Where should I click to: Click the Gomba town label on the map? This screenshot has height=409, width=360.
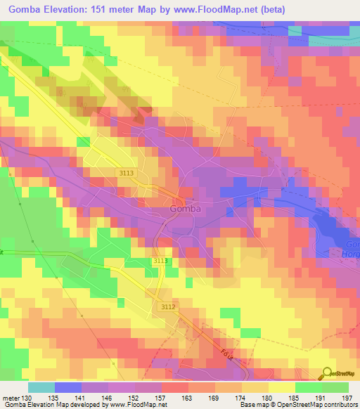pos(186,208)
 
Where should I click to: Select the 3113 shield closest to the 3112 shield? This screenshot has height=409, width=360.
pos(161,261)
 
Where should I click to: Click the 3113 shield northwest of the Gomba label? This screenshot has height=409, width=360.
pos(126,172)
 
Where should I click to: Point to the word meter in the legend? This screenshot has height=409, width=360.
pos(11,397)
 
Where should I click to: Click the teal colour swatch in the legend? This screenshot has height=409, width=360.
pos(41,387)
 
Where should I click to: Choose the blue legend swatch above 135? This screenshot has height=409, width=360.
pos(68,387)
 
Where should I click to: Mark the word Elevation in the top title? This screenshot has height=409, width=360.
pos(78,10)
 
